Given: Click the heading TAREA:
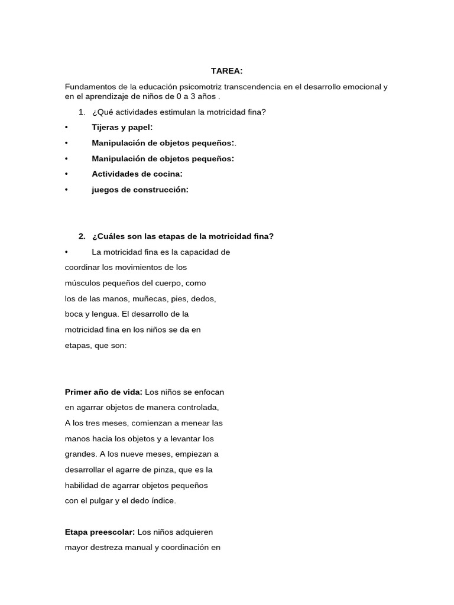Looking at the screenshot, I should pyautogui.click(x=226, y=71).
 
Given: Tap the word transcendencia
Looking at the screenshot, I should pyautogui.click(x=254, y=87).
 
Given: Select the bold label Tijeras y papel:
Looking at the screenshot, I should pyautogui.click(x=122, y=127).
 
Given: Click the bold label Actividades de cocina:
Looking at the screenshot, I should pyautogui.click(x=137, y=174).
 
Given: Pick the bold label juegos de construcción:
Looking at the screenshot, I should pyautogui.click(x=140, y=190).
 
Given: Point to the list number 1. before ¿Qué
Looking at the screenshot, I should pyautogui.click(x=82, y=112).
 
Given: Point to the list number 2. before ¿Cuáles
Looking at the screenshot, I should pyautogui.click(x=82, y=236).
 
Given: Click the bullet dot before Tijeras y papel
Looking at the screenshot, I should pyautogui.click(x=67, y=127).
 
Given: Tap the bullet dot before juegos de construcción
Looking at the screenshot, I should pyautogui.click(x=67, y=190).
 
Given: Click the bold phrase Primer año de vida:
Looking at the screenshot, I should pyautogui.click(x=103, y=392).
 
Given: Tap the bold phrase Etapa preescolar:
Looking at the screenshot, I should pyautogui.click(x=99, y=532).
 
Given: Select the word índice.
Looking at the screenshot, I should pyautogui.click(x=163, y=500).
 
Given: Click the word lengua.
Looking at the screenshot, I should pyautogui.click(x=105, y=314).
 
